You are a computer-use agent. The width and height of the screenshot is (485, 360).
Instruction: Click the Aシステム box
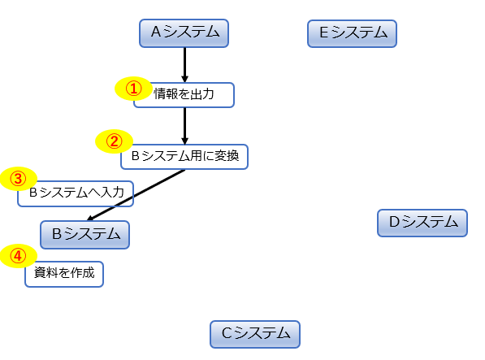tap(184, 33)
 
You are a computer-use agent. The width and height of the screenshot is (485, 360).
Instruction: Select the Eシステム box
tap(352, 33)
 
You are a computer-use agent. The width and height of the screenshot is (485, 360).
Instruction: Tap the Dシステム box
tap(422, 222)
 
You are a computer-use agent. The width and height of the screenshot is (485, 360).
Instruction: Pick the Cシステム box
tap(254, 333)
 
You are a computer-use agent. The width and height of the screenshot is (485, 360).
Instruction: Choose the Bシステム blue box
tap(84, 234)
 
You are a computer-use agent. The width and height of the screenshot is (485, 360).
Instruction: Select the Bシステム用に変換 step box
tap(184, 156)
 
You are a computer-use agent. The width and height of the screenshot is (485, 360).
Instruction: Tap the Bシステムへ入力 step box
tap(76, 193)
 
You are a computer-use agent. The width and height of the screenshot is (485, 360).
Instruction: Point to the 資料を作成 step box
tap(65, 274)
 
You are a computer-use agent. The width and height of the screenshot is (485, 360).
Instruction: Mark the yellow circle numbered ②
tap(115, 141)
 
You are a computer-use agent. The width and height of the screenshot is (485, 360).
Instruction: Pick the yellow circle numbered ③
tap(18, 178)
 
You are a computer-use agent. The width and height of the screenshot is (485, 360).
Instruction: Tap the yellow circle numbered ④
tap(18, 256)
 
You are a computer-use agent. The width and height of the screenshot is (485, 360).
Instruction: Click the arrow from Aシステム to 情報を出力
tap(185, 64)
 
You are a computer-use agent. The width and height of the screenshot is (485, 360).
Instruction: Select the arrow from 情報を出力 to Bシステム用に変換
tap(185, 125)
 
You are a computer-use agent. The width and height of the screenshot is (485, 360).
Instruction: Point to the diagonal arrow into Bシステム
tap(136, 194)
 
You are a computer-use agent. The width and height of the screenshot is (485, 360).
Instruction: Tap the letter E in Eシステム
tap(323, 33)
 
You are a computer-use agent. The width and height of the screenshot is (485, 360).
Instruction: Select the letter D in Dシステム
tap(394, 222)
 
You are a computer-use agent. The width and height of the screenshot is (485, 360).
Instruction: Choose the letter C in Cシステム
tap(227, 333)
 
